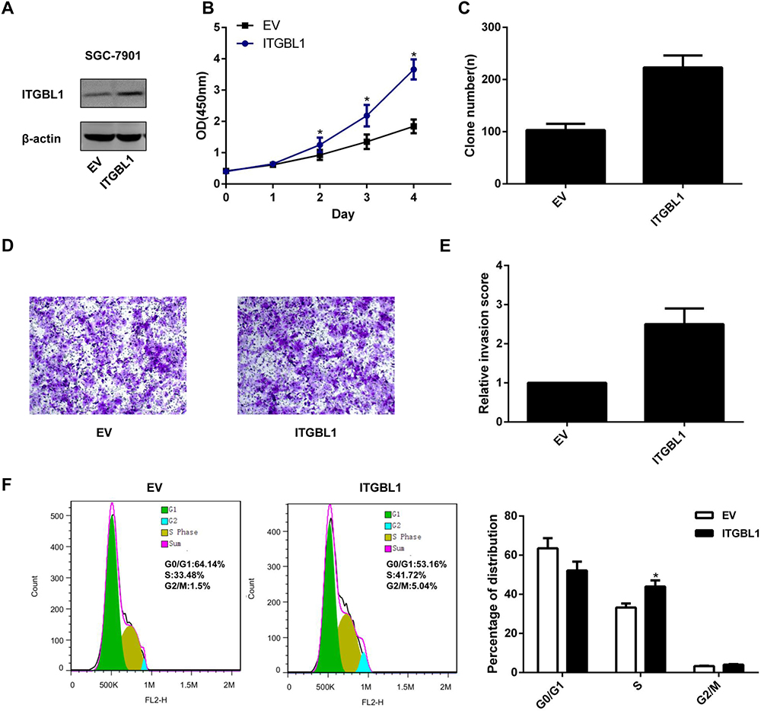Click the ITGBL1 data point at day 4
click(x=414, y=69)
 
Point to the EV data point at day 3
click(x=366, y=142)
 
